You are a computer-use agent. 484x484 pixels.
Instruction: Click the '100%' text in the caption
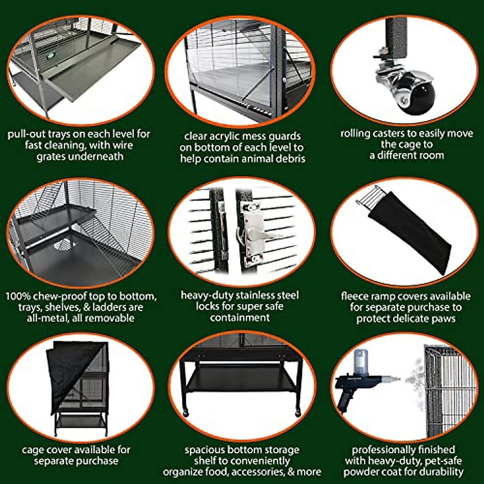(x=18, y=296)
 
